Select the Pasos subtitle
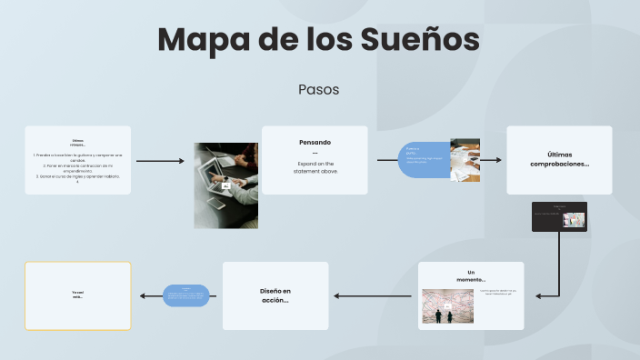(x=318, y=90)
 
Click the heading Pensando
(x=315, y=143)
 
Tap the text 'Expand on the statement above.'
(x=315, y=167)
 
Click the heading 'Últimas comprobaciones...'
(x=559, y=159)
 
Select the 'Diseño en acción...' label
(x=275, y=295)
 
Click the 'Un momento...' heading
(x=471, y=275)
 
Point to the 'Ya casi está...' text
(x=77, y=295)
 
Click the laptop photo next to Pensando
(x=225, y=185)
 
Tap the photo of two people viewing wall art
(x=447, y=306)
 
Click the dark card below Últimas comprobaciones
(x=559, y=216)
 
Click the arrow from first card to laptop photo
(x=159, y=161)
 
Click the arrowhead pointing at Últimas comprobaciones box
(x=497, y=160)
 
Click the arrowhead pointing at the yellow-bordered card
(x=143, y=295)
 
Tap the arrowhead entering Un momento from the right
(x=539, y=295)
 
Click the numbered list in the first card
(x=77, y=167)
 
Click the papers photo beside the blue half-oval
(x=465, y=160)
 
